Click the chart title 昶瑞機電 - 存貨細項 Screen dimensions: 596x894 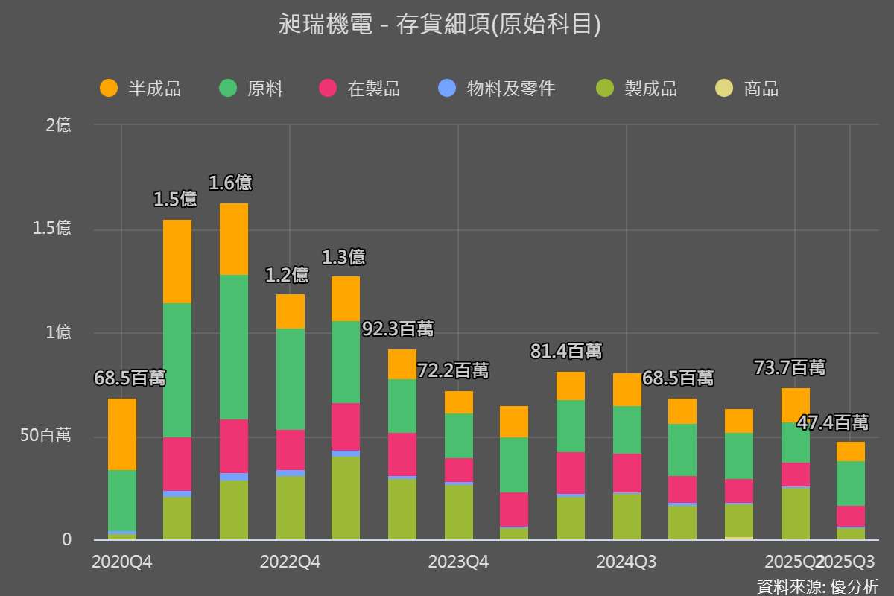pyautogui.click(x=440, y=25)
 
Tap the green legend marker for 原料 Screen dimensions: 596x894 pyautogui.click(x=228, y=89)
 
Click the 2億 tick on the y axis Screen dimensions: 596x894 pyautogui.click(x=58, y=125)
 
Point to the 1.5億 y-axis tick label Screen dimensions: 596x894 pyautogui.click(x=51, y=229)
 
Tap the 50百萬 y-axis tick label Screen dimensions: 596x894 pyautogui.click(x=45, y=436)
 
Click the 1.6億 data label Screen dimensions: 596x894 pyautogui.click(x=229, y=183)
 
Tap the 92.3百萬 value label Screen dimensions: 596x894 pyautogui.click(x=397, y=329)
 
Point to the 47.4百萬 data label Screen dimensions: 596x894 pyautogui.click(x=832, y=423)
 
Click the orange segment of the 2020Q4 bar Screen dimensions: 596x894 pyautogui.click(x=122, y=434)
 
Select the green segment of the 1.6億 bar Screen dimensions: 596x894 pyautogui.click(x=234, y=346)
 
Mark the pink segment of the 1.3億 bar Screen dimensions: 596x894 pyautogui.click(x=346, y=426)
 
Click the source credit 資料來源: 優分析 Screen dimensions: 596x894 pyautogui.click(x=817, y=586)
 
